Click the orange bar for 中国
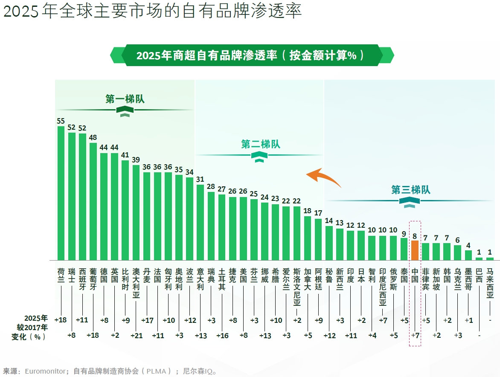(x=415, y=250)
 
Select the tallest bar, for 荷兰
(x=61, y=193)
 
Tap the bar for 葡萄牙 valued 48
(x=93, y=201)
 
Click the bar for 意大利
(x=200, y=223)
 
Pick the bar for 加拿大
(x=308, y=238)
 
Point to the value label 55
(x=61, y=121)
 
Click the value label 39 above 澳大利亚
(x=136, y=159)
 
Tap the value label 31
(x=200, y=180)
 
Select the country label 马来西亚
(x=490, y=283)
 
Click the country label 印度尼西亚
(x=383, y=287)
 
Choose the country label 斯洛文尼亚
(x=297, y=287)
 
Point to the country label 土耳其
(x=222, y=279)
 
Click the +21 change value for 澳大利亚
(x=137, y=336)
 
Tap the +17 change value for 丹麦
(x=147, y=320)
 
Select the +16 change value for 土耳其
(x=222, y=336)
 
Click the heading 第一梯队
(x=125, y=99)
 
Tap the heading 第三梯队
(x=411, y=190)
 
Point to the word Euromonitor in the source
(x=45, y=371)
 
